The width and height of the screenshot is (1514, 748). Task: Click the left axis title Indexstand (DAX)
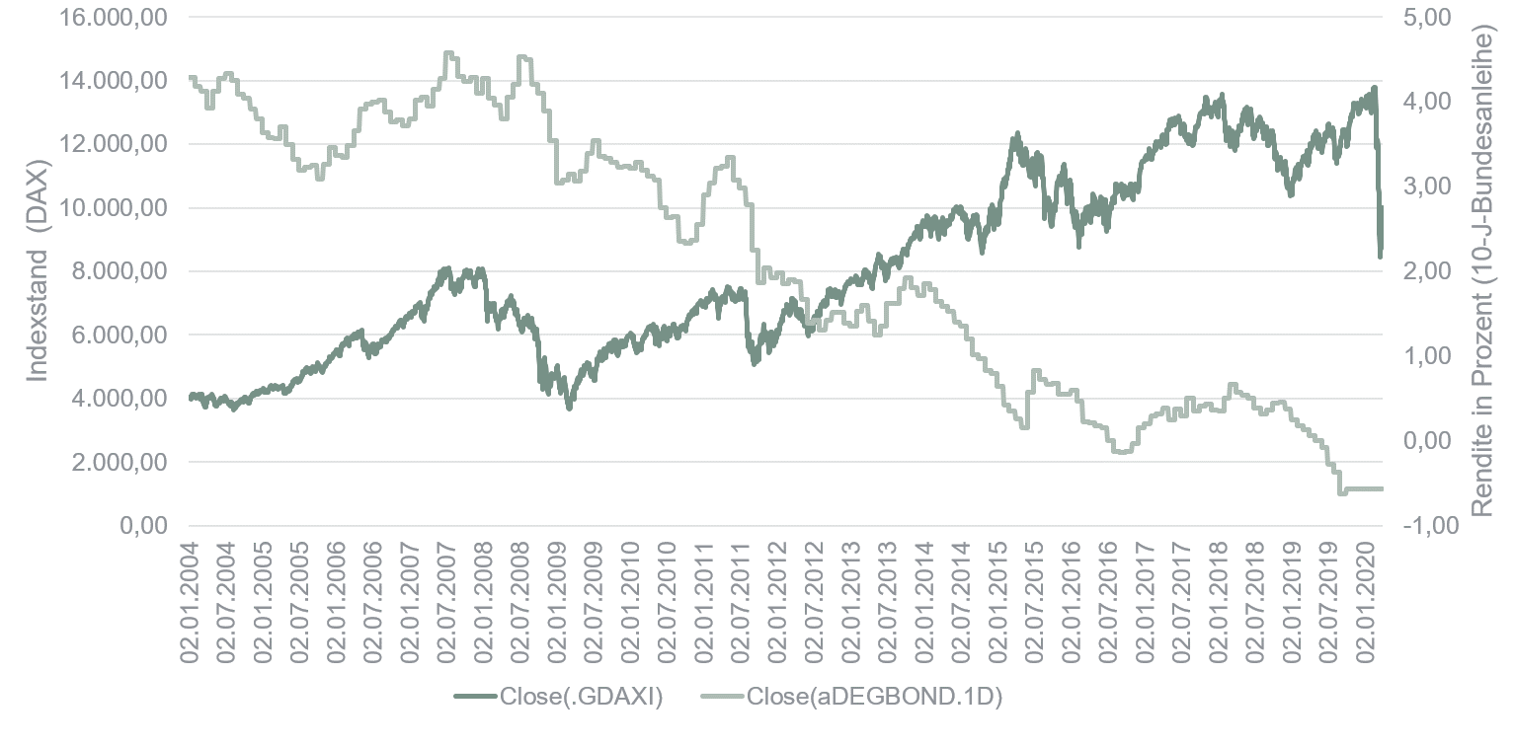[38, 271]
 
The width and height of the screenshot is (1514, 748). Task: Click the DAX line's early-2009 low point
[569, 407]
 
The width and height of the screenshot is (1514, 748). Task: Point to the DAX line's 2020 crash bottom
[1380, 257]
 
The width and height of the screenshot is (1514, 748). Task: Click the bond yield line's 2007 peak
[448, 53]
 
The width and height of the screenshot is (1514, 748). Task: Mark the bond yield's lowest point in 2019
[1341, 492]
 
